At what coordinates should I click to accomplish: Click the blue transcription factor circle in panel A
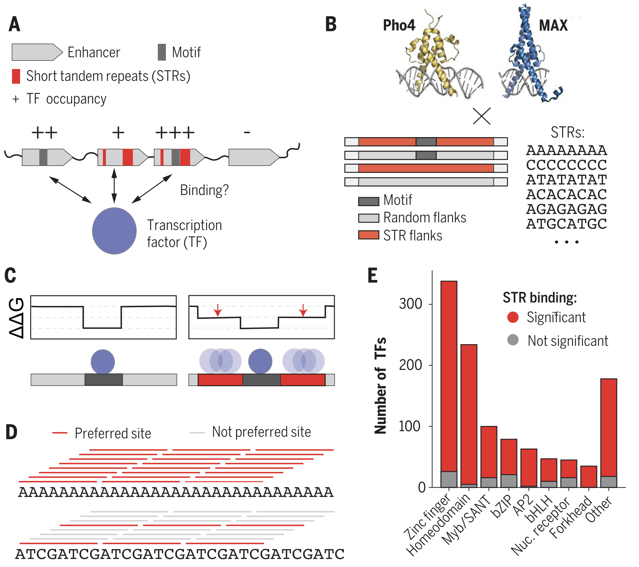tap(114, 231)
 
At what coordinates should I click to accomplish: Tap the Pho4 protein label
tap(399, 25)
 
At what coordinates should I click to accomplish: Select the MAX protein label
tap(553, 25)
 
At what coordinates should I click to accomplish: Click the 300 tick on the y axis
tap(410, 304)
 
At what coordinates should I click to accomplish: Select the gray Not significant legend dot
tap(513, 340)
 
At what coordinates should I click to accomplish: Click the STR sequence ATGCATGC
tap(566, 224)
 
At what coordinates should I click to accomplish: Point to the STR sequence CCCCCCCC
tap(566, 165)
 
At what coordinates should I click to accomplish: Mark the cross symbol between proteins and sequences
tap(482, 116)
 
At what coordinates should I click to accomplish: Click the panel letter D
tap(12, 432)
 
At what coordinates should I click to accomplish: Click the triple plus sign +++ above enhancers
tap(175, 133)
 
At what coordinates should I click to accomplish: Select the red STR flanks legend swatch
tap(369, 235)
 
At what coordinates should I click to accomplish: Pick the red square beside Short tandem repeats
tap(16, 76)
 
